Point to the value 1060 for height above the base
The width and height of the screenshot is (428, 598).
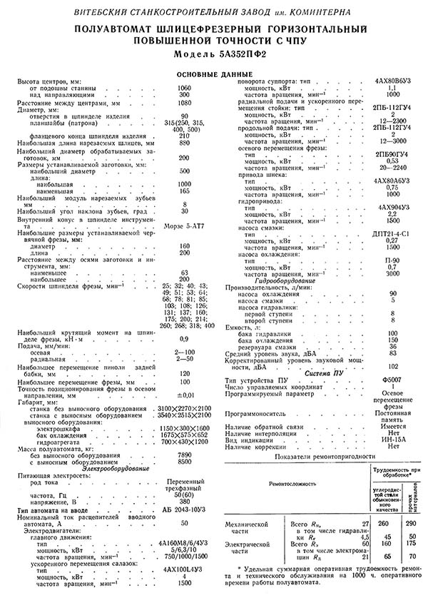(184, 87)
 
